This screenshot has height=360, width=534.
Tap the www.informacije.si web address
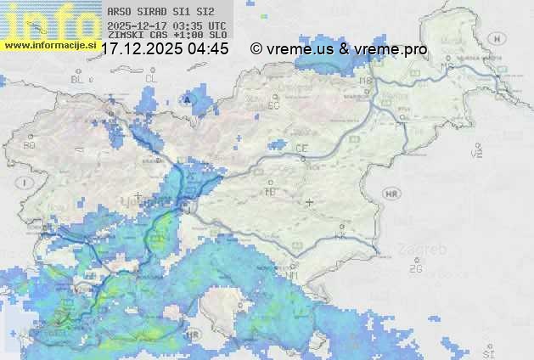pyautogui.click(x=50, y=44)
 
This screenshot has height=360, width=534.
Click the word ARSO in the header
pyautogui.click(x=118, y=13)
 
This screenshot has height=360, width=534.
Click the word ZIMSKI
pyautogui.click(x=123, y=36)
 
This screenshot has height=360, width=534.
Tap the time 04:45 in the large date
pyautogui.click(x=209, y=49)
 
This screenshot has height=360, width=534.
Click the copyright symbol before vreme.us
pyautogui.click(x=256, y=49)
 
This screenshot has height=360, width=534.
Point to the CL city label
pyautogui.click(x=151, y=79)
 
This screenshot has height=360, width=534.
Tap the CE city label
pyautogui.click(x=301, y=149)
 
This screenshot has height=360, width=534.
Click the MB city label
pyautogui.click(x=367, y=82)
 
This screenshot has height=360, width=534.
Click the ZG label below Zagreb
pyautogui.click(x=415, y=269)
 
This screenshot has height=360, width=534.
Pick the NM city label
pyautogui.click(x=292, y=276)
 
